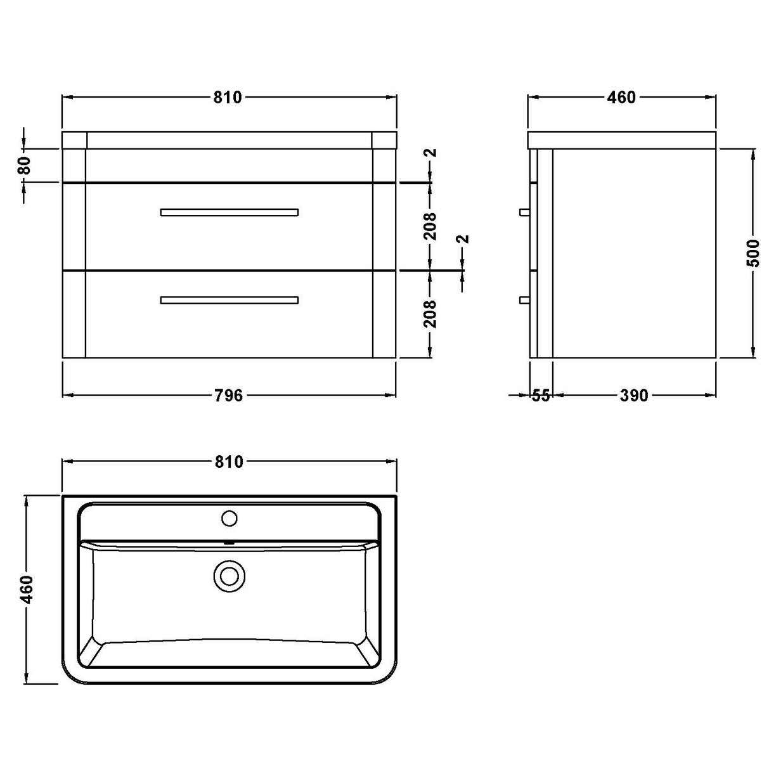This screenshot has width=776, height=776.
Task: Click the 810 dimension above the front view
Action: coord(228,97)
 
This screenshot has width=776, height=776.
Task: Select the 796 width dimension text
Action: coord(228,396)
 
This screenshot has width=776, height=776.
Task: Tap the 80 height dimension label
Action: coord(24,166)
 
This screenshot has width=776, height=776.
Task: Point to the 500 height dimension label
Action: coord(753,254)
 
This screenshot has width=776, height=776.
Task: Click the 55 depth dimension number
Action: coord(540,396)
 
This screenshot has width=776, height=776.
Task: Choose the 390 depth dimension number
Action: coord(633,396)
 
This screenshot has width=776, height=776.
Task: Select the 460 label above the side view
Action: coord(621,97)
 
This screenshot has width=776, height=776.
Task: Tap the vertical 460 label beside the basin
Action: coord(26,590)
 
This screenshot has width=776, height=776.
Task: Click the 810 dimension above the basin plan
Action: coord(228,462)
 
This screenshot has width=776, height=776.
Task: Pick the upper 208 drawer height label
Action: coord(430,226)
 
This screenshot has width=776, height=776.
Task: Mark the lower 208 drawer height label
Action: coord(430,313)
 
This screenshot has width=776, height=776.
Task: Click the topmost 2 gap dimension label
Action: coord(430,153)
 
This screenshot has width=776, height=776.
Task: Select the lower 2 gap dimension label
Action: coord(463,239)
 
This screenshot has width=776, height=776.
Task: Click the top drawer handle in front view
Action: coord(230,212)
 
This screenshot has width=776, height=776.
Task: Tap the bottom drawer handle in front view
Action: coord(230,300)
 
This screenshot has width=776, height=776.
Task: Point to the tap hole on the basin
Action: coord(229,519)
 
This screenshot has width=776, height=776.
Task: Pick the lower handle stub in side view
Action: coord(524,300)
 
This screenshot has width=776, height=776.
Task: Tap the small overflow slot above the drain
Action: coord(230,543)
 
